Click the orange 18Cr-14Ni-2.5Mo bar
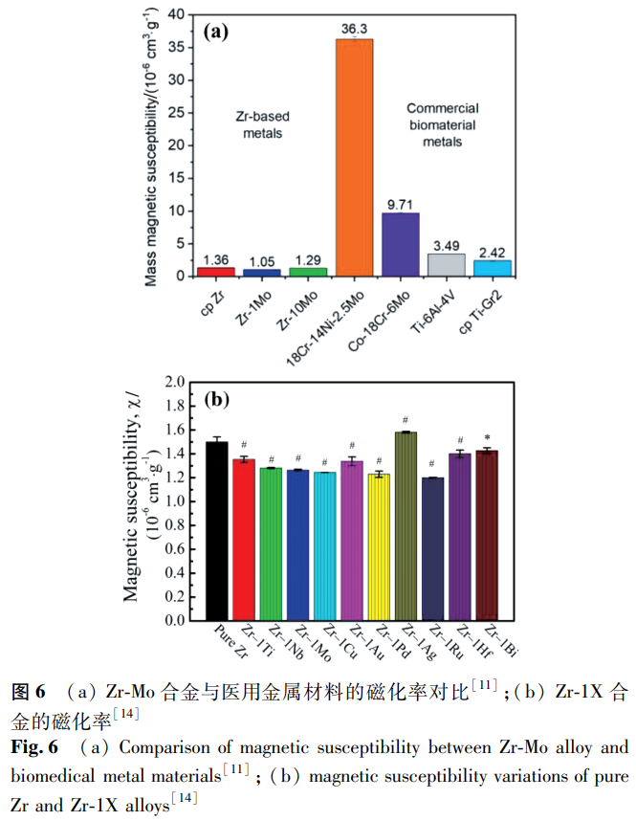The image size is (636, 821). pyautogui.click(x=354, y=158)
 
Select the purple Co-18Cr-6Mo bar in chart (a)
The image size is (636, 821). pyautogui.click(x=400, y=244)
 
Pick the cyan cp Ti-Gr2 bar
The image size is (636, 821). pyautogui.click(x=493, y=268)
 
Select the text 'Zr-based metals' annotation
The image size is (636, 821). pyautogui.click(x=262, y=125)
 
